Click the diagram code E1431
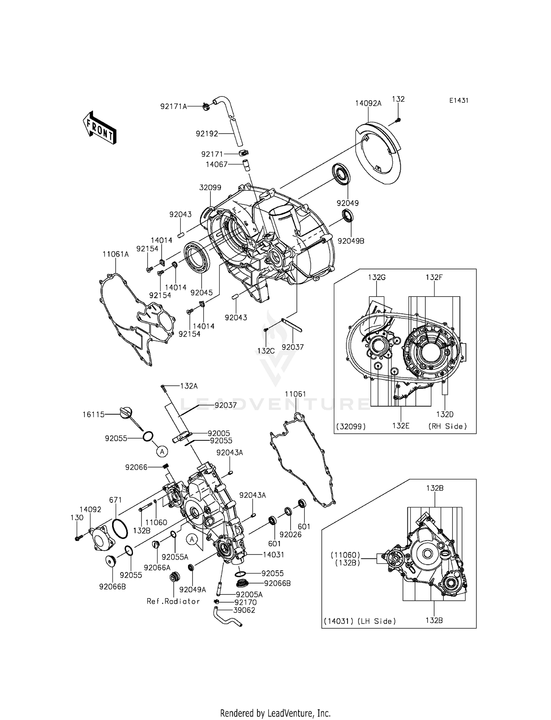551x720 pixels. coord(458,101)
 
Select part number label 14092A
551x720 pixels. coord(368,103)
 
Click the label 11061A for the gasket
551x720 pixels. coord(115,254)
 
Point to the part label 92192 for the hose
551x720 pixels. coord(207,134)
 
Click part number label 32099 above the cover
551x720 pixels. coord(210,188)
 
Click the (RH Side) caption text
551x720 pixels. coord(447,426)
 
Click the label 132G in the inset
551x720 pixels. coord(377,277)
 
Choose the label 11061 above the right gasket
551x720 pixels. coord(295,394)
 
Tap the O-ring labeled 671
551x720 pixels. coord(120,528)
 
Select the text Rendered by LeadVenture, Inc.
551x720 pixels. coord(275,713)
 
